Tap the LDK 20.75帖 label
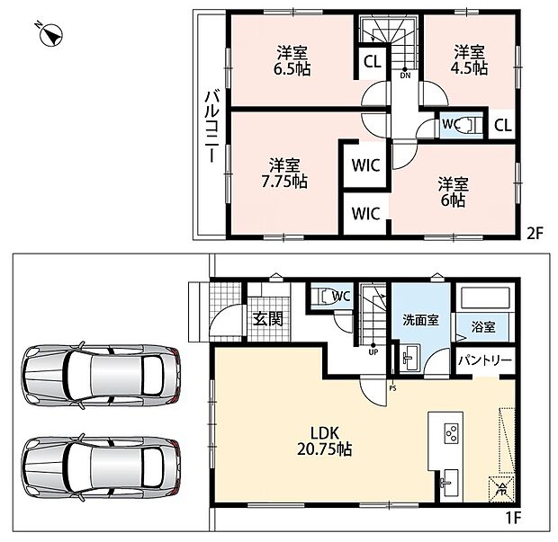(325, 441)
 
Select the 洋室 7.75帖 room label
(284, 173)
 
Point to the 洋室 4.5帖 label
(469, 60)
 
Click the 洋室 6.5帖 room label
(292, 60)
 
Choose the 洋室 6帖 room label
(453, 192)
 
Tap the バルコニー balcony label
(211, 127)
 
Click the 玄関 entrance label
(268, 319)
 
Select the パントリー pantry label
(485, 360)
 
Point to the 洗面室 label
(420, 320)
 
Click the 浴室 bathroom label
(483, 326)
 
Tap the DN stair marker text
(405, 76)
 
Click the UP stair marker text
(373, 352)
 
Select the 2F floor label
(535, 234)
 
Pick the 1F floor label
(512, 519)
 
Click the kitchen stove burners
(452, 433)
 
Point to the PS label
(392, 388)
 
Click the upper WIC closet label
(365, 165)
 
